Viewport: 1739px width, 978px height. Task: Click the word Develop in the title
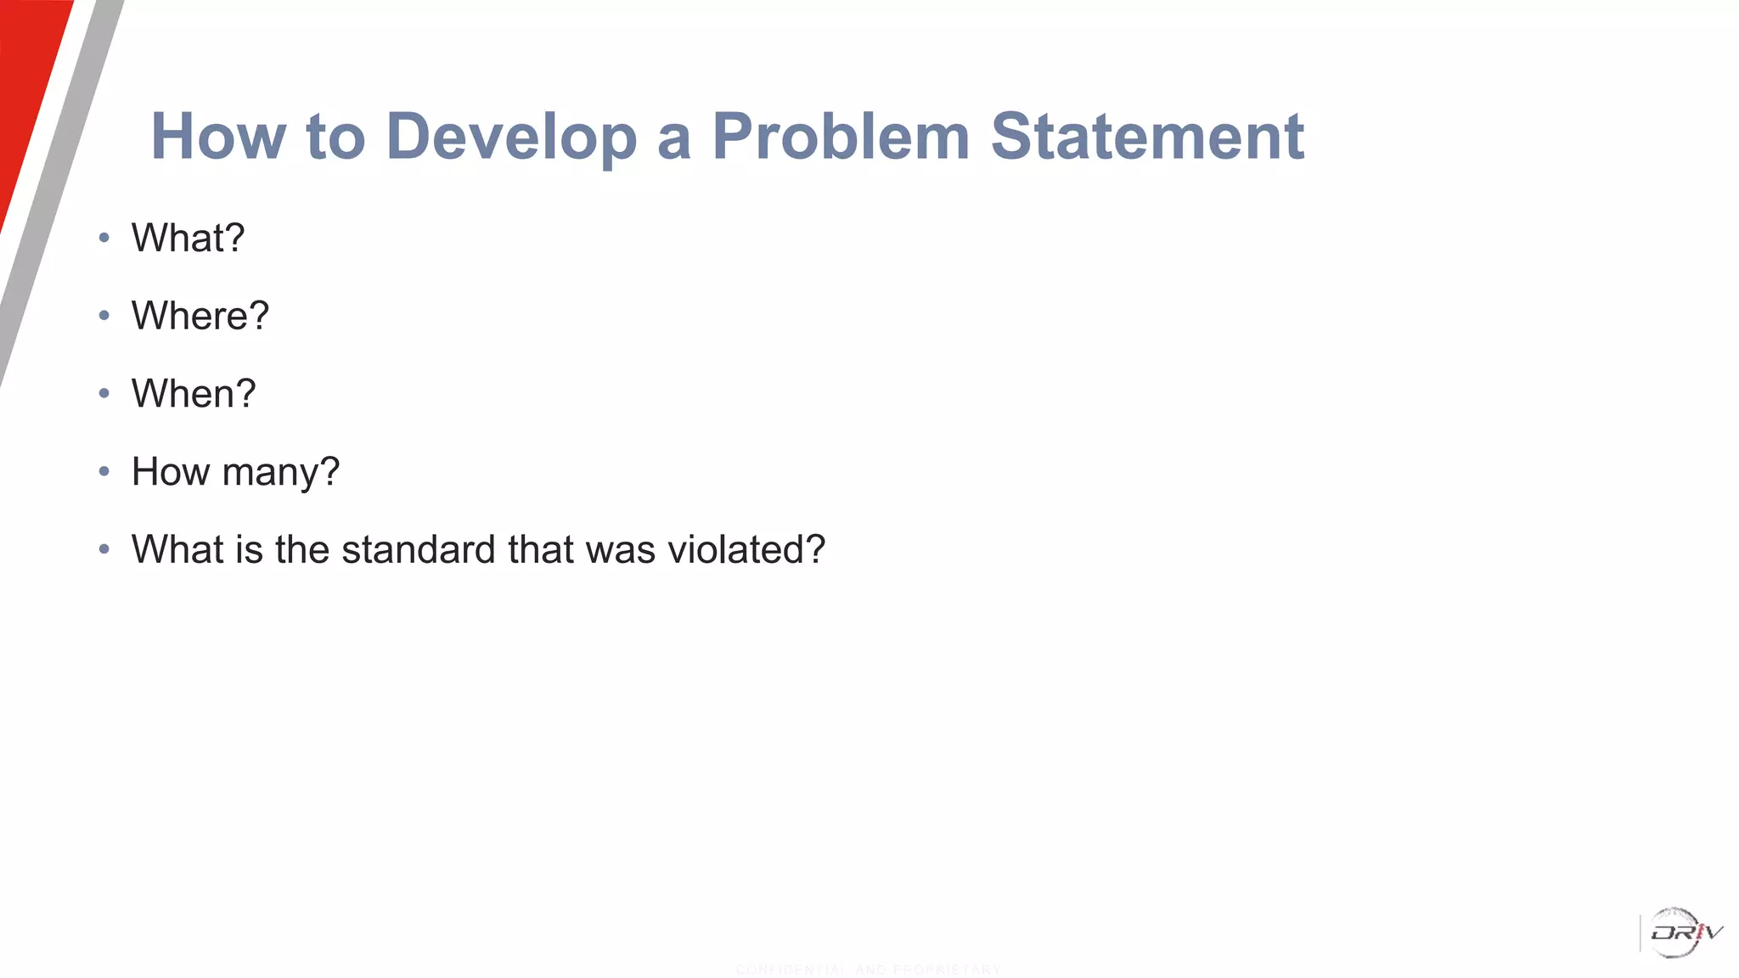pyautogui.click(x=511, y=137)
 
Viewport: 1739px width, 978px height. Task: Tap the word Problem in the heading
pyautogui.click(x=840, y=137)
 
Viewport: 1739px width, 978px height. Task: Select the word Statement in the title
pyautogui.click(x=1147, y=137)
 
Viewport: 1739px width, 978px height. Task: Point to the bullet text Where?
pyautogui.click(x=200, y=316)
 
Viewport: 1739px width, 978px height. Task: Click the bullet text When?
pyautogui.click(x=194, y=394)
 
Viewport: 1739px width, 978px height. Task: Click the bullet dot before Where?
pyautogui.click(x=104, y=316)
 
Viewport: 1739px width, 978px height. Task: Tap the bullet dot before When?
pyautogui.click(x=104, y=394)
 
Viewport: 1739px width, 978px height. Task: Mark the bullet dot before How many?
pyautogui.click(x=104, y=472)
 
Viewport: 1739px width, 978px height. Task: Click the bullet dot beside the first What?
pyautogui.click(x=104, y=239)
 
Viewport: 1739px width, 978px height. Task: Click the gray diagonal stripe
pyautogui.click(x=59, y=195)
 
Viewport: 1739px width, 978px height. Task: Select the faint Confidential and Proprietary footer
pyautogui.click(x=868, y=970)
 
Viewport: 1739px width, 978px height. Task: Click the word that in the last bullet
pyautogui.click(x=541, y=549)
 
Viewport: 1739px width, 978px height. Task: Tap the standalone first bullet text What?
pyautogui.click(x=188, y=239)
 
